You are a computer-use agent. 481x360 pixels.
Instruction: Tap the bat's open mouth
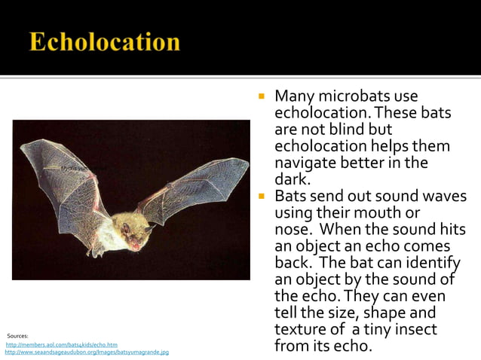click(x=136, y=243)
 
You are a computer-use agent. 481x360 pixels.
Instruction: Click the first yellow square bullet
click(x=261, y=97)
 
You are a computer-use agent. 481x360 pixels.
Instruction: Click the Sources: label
click(x=17, y=335)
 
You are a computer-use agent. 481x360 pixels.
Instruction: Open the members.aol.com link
click(x=62, y=344)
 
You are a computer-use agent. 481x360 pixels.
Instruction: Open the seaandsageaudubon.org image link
click(x=87, y=352)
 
